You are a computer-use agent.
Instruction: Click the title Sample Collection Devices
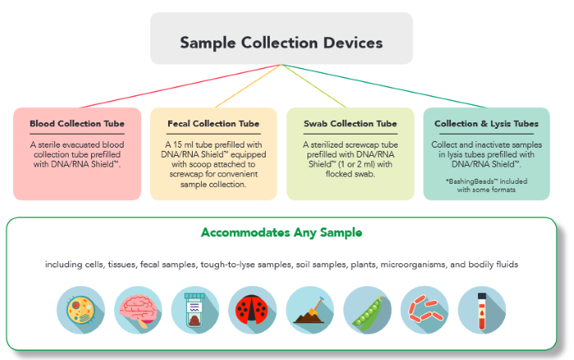point(281,41)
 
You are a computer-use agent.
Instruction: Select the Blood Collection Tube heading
point(77,124)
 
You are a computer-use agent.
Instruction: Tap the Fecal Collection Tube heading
point(213,124)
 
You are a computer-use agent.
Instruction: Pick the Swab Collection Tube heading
point(349,124)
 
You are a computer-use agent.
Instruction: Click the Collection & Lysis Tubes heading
point(486,124)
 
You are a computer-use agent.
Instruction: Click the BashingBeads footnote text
point(486,185)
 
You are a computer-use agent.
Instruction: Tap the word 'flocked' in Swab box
point(325,174)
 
